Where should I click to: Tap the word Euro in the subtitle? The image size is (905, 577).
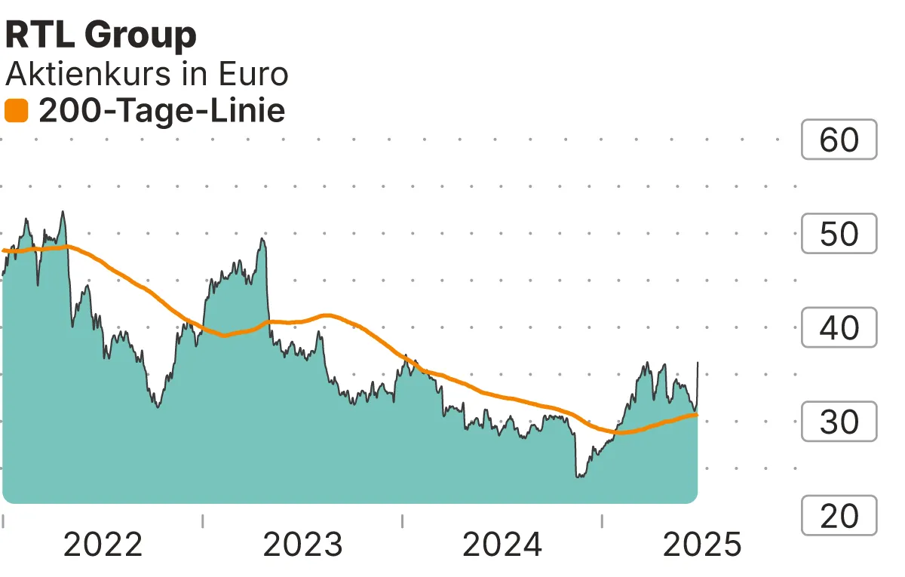[253, 74]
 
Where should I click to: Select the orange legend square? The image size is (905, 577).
[16, 112]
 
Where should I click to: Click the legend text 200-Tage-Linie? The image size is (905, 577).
[161, 112]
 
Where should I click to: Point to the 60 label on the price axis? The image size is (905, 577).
[839, 140]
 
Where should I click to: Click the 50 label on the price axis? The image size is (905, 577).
[839, 234]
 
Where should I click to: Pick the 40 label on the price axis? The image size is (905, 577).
[839, 328]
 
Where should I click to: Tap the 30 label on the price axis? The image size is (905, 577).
[839, 422]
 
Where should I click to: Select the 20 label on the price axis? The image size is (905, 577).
[839, 516]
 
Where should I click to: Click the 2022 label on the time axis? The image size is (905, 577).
[103, 545]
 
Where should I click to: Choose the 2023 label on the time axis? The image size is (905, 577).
[302, 545]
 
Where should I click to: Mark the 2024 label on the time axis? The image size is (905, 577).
[502, 545]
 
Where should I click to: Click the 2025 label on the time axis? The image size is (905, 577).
[701, 545]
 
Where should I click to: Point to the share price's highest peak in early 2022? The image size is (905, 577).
[63, 212]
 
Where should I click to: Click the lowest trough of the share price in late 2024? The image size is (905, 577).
[578, 477]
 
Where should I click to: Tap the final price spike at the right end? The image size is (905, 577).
[698, 363]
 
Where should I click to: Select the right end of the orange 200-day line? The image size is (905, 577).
[696, 414]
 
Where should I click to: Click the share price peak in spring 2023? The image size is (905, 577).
[262, 239]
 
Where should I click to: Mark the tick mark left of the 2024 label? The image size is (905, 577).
[403, 520]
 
